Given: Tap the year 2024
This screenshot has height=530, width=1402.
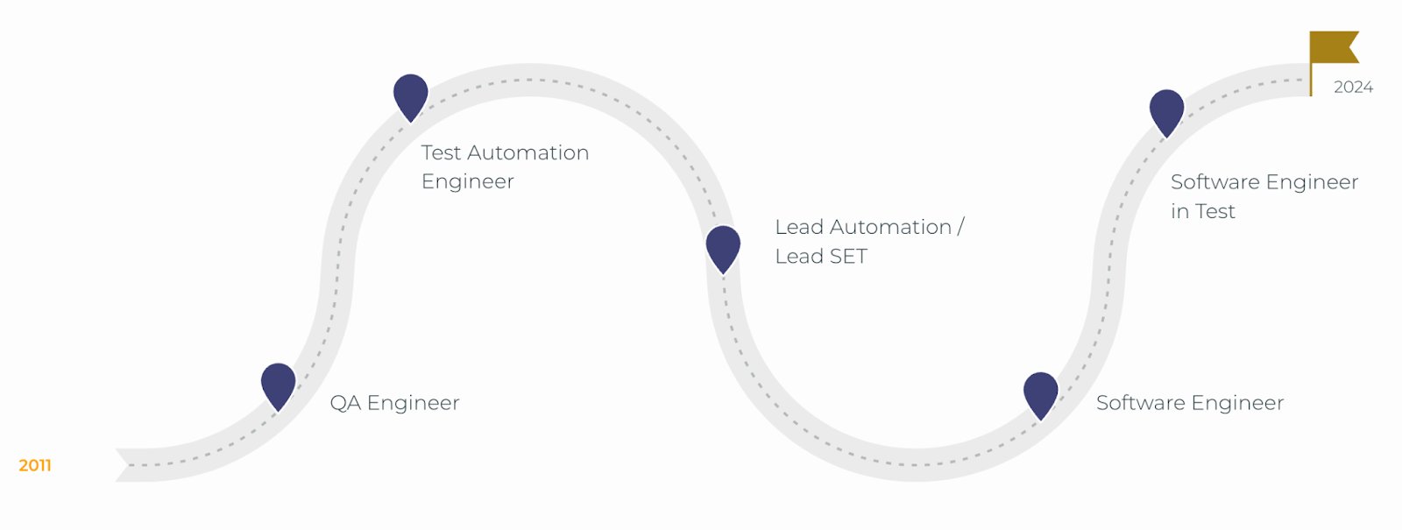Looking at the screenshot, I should coord(1353,88).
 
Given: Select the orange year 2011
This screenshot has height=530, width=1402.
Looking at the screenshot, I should coord(35,465).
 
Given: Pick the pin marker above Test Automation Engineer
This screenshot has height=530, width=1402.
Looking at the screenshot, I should coord(410,95).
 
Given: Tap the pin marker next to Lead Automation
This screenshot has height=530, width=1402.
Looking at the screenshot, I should coord(723,247).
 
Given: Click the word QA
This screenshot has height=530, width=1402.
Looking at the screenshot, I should coord(345,403).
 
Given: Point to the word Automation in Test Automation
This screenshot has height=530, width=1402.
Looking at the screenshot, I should coord(528,153).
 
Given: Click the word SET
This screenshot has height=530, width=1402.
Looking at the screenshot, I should coord(847,257).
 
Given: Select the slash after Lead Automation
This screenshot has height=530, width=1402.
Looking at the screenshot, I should coord(960,227).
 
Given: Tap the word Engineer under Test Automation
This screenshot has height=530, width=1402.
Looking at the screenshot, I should coord(467,182).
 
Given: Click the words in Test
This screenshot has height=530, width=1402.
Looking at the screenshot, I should coord(1202,212).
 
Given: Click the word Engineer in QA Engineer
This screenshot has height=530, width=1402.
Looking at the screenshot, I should coord(413,403).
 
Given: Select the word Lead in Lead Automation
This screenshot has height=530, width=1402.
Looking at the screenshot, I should coord(798,228).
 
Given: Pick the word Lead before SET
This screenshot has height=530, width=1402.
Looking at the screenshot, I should coord(798,257).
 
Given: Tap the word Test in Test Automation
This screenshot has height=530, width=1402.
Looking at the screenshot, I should coord(441,153).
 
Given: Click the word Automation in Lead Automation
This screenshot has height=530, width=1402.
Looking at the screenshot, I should coord(889,228).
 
